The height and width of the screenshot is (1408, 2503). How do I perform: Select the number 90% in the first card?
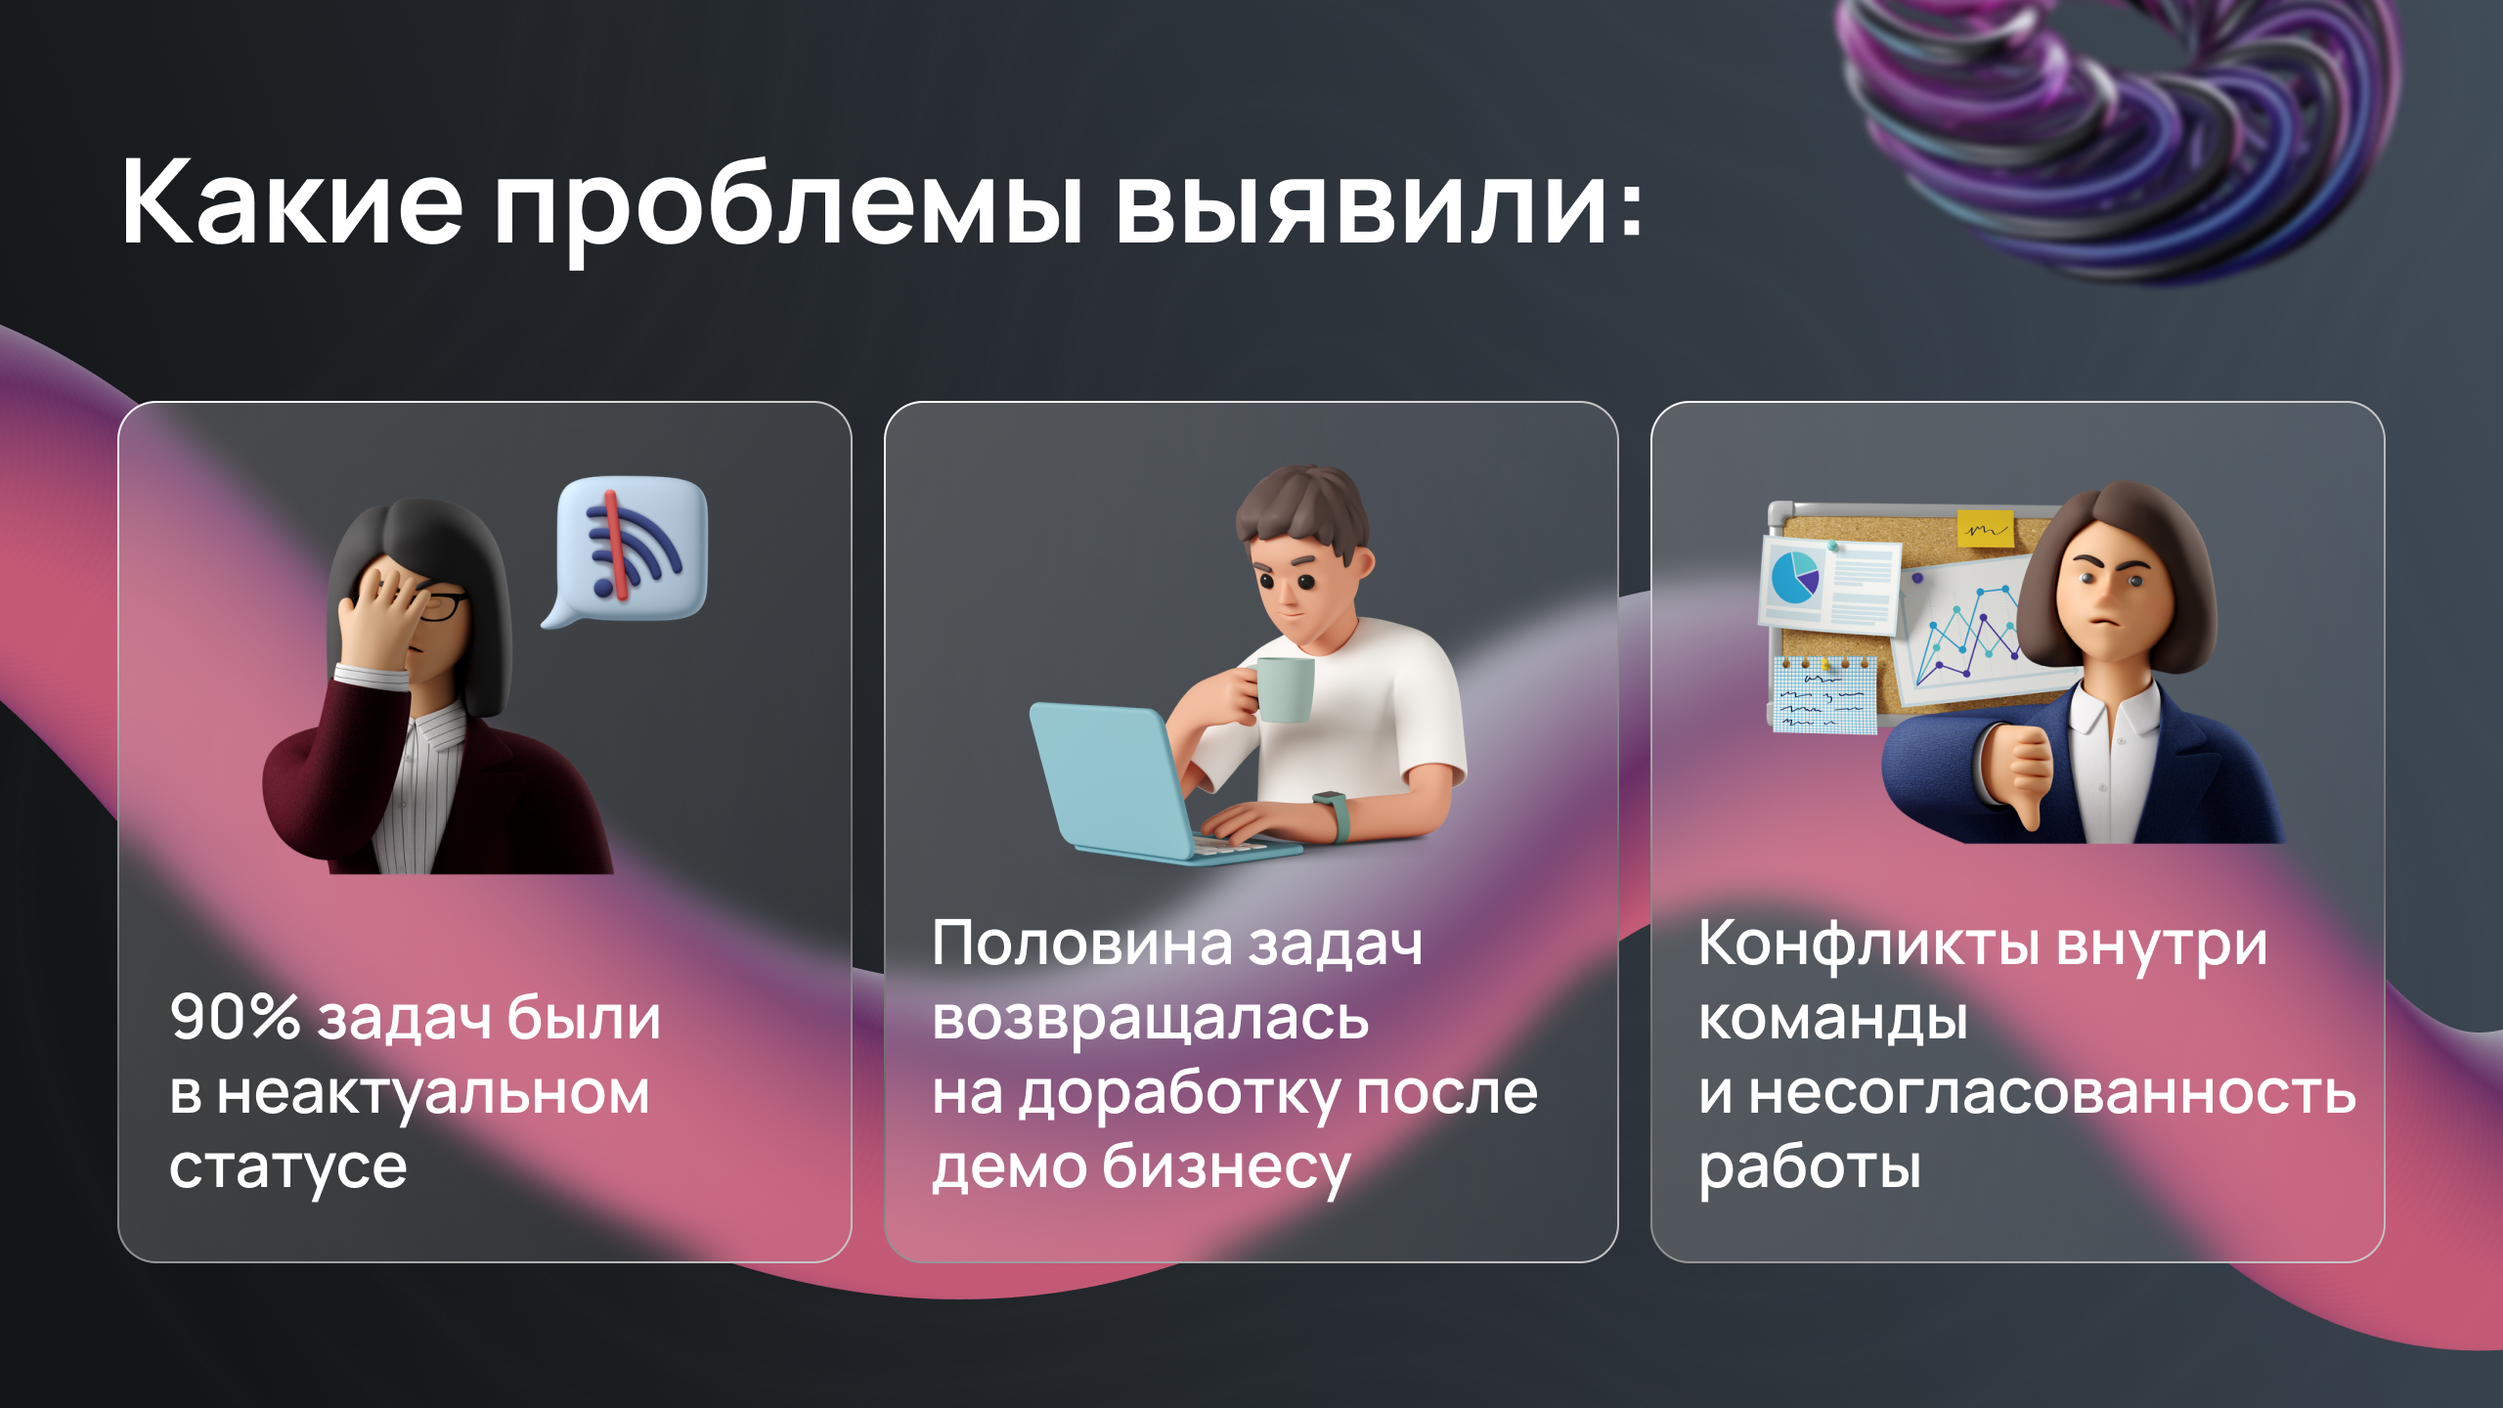pyautogui.click(x=236, y=1018)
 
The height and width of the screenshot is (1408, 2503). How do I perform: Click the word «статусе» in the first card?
pyautogui.click(x=287, y=1167)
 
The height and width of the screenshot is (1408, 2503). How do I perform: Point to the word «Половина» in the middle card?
pyautogui.click(x=1084, y=944)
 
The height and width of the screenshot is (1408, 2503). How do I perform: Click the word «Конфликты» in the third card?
pyautogui.click(x=1868, y=945)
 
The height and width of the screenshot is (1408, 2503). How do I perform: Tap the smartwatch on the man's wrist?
pyautogui.click(x=1333, y=815)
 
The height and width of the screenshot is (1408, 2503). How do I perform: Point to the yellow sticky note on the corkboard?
pyautogui.click(x=1986, y=528)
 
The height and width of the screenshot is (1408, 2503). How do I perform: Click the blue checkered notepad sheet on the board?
pyautogui.click(x=1824, y=694)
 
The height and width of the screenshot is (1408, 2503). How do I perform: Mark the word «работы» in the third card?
pyautogui.click(x=1810, y=1167)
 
